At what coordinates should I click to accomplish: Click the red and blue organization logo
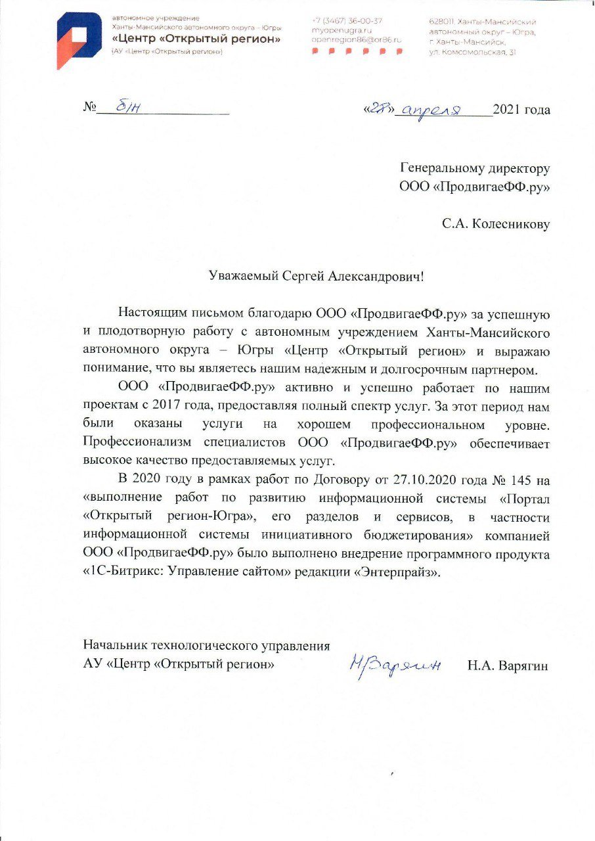click(x=78, y=40)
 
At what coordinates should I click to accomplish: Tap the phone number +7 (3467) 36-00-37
click(x=347, y=20)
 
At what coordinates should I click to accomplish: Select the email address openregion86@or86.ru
click(x=357, y=40)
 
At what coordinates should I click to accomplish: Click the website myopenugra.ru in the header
click(x=342, y=30)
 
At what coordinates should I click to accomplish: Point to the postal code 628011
click(x=441, y=22)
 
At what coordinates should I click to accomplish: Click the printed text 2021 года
click(x=521, y=110)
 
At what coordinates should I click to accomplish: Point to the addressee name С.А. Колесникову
click(x=496, y=224)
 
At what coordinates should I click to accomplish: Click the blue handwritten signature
click(x=395, y=665)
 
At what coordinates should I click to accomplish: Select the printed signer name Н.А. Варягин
click(x=508, y=665)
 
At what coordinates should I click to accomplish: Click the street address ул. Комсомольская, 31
click(x=472, y=51)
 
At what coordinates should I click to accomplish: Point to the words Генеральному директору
click(x=475, y=169)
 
